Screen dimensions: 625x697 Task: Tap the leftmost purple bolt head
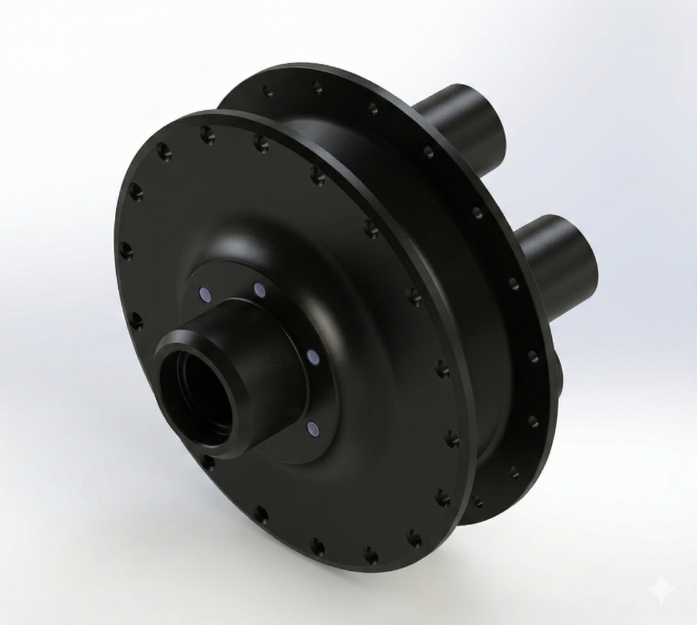pos(205,295)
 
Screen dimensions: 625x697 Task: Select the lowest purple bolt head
pos(312,428)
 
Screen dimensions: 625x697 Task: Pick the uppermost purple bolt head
pos(259,290)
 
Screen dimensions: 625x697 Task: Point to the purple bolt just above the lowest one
pos(312,357)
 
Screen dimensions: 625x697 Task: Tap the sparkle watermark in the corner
pos(662,589)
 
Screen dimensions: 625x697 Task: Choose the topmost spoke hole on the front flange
pos(207,134)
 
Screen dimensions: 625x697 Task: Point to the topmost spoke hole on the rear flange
pos(317,87)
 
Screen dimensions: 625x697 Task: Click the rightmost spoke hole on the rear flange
pos(534,356)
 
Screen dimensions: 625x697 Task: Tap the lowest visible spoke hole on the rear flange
pos(478,501)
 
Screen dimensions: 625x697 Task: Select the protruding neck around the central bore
pos(271,374)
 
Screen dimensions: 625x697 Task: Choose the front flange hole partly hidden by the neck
pos(208,462)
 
